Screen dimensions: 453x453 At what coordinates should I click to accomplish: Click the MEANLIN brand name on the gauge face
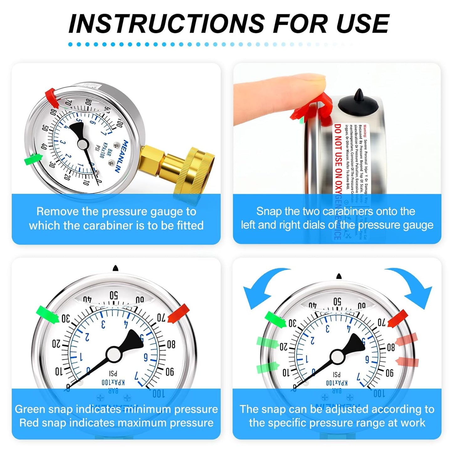[121, 156]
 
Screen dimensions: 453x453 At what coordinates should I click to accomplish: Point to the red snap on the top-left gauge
[53, 97]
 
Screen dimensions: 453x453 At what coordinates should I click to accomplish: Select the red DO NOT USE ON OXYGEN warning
[338, 163]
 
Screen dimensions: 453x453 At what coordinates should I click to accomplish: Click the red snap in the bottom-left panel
[179, 313]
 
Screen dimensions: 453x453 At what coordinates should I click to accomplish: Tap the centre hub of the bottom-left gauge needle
[113, 354]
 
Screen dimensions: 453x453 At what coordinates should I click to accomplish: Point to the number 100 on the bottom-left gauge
[159, 394]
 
